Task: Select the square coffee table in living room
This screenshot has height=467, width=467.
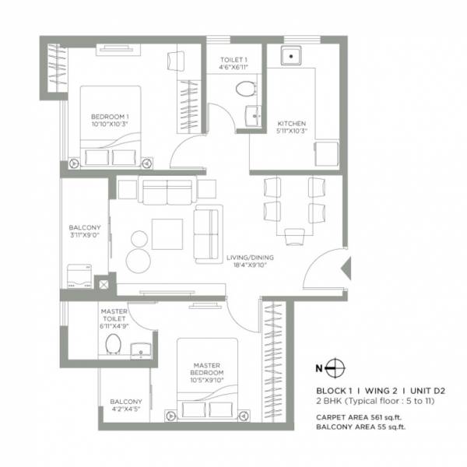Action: click(x=167, y=233)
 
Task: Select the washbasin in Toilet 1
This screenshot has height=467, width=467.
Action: click(x=251, y=116)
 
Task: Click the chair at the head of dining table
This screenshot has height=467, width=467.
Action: click(x=294, y=237)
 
